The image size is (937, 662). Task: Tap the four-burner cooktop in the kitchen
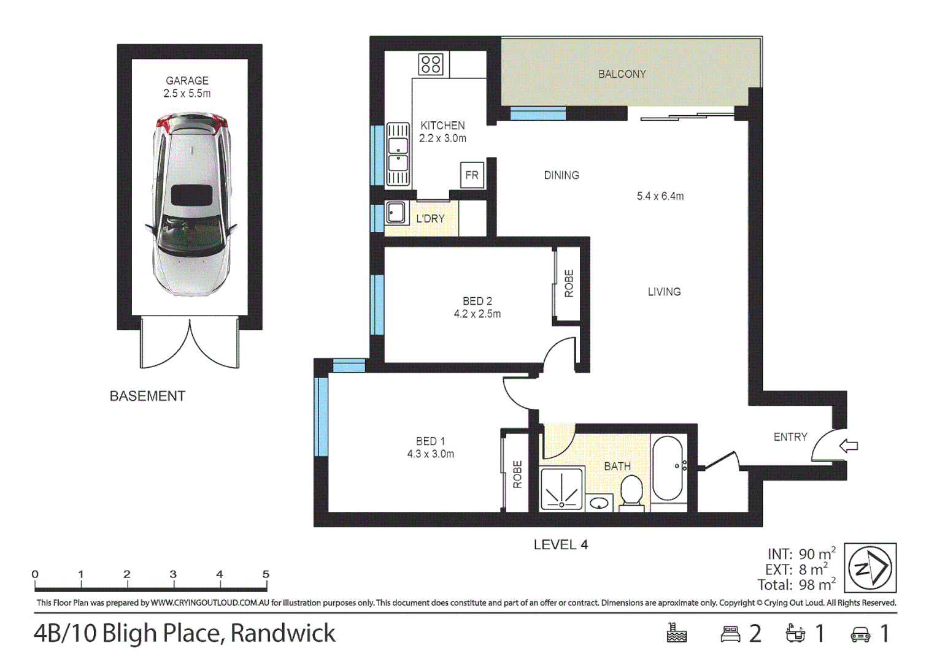click(x=431, y=64)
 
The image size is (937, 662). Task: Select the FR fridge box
click(x=472, y=175)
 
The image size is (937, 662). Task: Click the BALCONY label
click(x=622, y=74)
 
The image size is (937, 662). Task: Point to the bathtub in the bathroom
click(x=668, y=468)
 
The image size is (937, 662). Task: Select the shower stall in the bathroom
click(x=561, y=489)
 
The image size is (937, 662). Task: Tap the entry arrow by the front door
click(x=849, y=446)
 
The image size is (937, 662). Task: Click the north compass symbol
click(x=870, y=568)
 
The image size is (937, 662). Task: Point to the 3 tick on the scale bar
click(x=173, y=575)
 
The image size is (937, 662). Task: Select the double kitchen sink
click(x=398, y=154)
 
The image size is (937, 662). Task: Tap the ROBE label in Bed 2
click(x=569, y=283)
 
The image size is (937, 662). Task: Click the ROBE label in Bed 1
click(x=517, y=474)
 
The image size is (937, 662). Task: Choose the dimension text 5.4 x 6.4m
click(x=660, y=196)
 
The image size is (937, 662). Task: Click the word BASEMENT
click(x=147, y=396)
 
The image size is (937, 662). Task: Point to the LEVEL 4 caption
click(x=560, y=545)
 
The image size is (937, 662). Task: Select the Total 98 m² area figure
click(x=796, y=585)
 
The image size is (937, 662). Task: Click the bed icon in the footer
click(x=730, y=634)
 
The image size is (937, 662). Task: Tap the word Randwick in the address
click(x=283, y=633)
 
